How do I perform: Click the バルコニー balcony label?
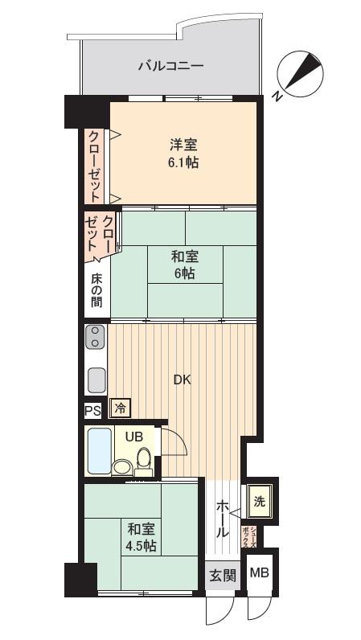coord(170,66)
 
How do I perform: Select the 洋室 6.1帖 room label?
coord(183,153)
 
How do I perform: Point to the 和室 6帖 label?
coord(184,265)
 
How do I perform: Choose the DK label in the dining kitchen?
coord(182,380)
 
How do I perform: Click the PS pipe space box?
coord(92,409)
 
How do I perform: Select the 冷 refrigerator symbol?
coord(120,408)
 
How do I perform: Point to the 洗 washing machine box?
coord(259,502)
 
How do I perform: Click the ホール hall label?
coord(223,519)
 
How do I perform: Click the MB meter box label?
coord(259,573)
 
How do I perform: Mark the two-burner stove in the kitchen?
coord(96,337)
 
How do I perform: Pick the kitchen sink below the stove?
coord(96,377)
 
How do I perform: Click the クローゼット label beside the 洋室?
coord(95,165)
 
